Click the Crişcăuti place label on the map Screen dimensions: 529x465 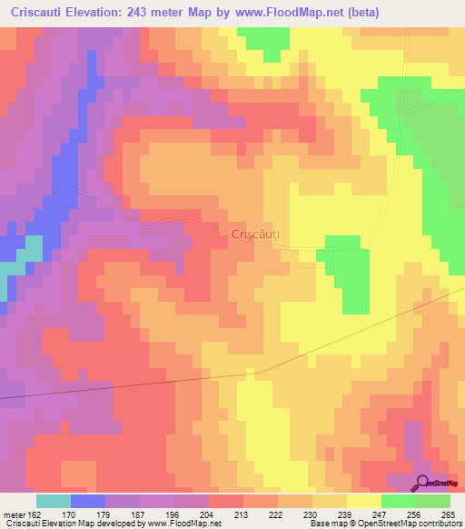click(255, 235)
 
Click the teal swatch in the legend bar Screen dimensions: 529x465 click(53, 501)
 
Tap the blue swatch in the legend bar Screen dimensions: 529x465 click(87, 501)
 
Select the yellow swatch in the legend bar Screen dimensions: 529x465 click(363, 501)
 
